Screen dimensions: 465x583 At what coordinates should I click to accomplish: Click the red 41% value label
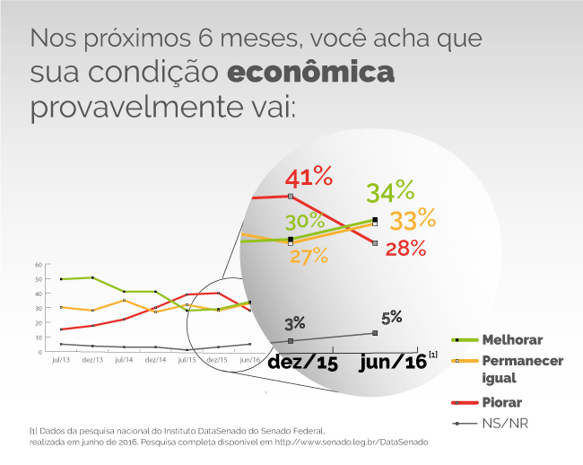click(x=309, y=176)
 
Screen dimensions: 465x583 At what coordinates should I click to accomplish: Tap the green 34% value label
click(x=390, y=191)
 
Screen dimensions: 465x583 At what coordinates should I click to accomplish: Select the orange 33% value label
click(x=413, y=218)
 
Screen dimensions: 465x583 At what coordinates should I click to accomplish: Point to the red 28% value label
click(x=405, y=249)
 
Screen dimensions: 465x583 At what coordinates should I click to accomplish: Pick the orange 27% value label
click(x=309, y=257)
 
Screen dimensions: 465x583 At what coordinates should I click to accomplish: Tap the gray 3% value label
click(x=296, y=323)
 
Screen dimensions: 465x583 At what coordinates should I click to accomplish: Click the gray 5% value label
click(x=391, y=317)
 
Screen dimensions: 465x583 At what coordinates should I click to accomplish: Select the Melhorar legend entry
click(x=513, y=340)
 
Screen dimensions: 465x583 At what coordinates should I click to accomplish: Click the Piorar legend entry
click(x=501, y=402)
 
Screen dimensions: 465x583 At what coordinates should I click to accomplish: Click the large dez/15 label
click(x=302, y=362)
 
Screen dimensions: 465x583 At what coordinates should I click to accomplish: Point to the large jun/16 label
click(x=392, y=362)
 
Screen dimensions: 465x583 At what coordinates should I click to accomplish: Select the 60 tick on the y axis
click(x=39, y=265)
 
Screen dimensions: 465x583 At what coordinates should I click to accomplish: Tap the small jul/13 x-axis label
click(x=61, y=359)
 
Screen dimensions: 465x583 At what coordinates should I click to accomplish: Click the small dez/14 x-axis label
click(x=155, y=359)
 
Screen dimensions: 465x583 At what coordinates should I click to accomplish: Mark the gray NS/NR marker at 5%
click(x=375, y=333)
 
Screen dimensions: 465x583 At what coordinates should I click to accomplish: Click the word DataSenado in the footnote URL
click(x=404, y=442)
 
